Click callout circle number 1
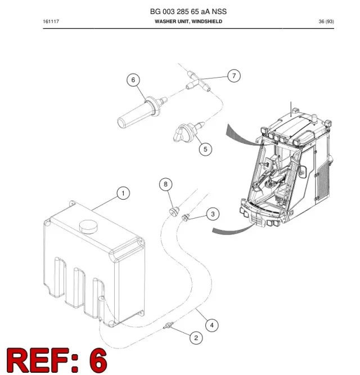tap(123, 193)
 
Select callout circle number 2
tap(196, 338)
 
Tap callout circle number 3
tap(213, 214)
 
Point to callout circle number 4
tap(212, 326)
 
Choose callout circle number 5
tap(205, 149)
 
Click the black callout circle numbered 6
tap(133, 80)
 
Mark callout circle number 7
tap(234, 76)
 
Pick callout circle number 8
tap(166, 184)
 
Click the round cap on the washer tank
tap(88, 226)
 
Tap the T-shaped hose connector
tap(199, 82)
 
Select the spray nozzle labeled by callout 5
tap(188, 132)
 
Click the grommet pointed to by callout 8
tap(174, 211)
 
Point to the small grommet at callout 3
tap(186, 217)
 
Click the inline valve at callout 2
tap(168, 326)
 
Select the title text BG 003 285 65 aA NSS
tap(188, 11)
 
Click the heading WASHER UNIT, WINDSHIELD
tap(188, 21)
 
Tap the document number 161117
tap(51, 21)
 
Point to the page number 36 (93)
tap(326, 21)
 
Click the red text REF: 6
tap(57, 360)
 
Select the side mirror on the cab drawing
tap(303, 171)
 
